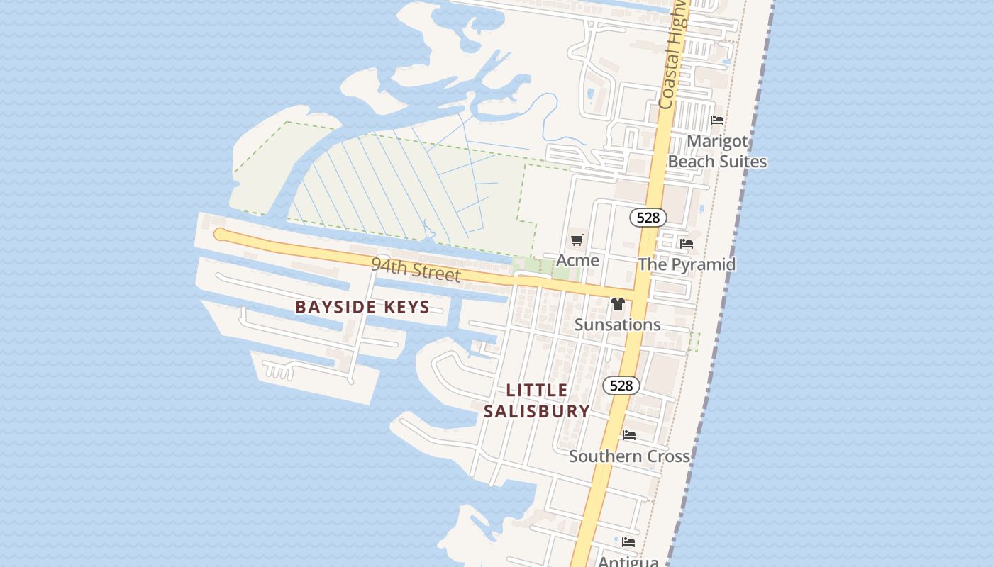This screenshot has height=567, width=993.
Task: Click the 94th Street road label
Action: (x=416, y=270)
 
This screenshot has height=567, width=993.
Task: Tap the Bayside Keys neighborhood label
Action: (x=362, y=307)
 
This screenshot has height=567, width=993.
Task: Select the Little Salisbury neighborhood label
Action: (x=537, y=400)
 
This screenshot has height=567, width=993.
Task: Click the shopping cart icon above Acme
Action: (x=577, y=240)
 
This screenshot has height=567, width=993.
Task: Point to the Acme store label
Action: (x=577, y=260)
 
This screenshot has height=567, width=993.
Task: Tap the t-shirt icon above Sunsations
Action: (x=617, y=304)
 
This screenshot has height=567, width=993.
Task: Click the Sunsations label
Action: (x=617, y=325)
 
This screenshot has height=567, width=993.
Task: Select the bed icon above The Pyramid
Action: (x=687, y=244)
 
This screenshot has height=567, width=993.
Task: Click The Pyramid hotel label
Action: (x=687, y=264)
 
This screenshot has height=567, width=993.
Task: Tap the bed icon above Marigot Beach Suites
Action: (x=717, y=120)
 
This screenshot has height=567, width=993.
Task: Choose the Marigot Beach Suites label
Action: (x=717, y=151)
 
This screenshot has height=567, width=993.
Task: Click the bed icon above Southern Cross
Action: (x=629, y=435)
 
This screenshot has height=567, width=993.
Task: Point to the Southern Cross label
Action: (x=629, y=456)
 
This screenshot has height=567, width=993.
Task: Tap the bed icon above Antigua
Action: (x=628, y=542)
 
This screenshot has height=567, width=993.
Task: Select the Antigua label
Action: (x=628, y=561)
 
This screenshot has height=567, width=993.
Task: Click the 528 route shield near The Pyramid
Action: (x=648, y=218)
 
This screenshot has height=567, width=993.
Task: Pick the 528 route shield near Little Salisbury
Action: (x=621, y=386)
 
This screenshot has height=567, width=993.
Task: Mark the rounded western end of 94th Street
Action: (x=219, y=234)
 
